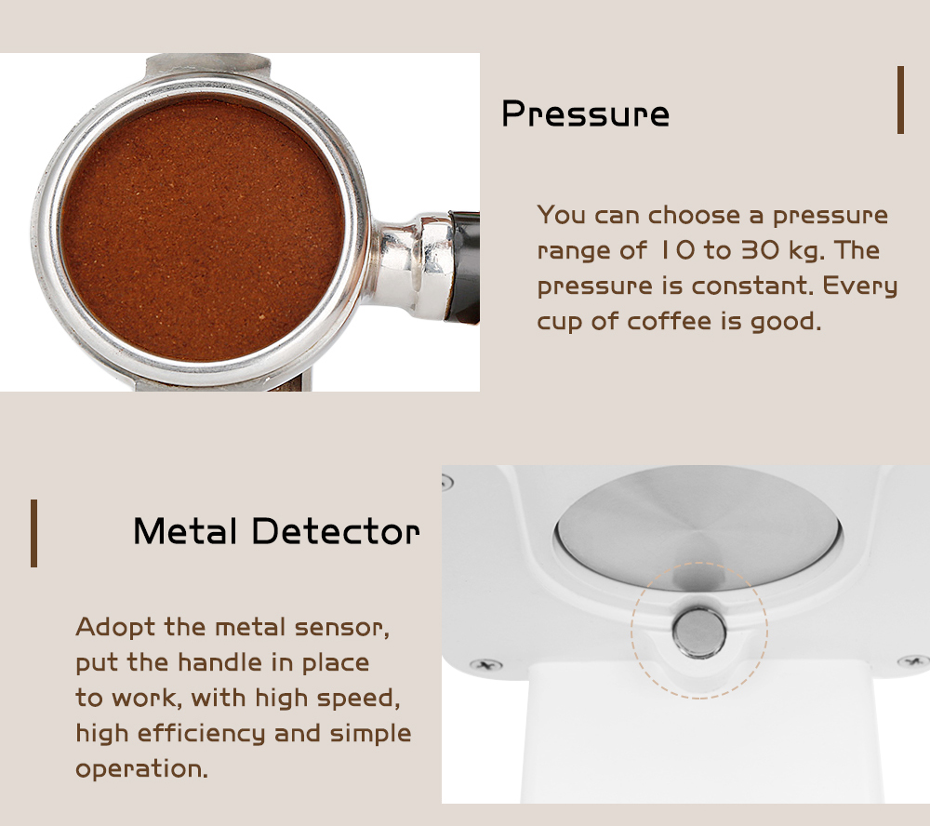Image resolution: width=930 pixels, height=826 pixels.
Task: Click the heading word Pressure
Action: click(x=585, y=113)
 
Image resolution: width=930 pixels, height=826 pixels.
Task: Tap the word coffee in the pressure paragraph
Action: click(x=669, y=321)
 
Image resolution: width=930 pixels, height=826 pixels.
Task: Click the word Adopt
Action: click(x=115, y=628)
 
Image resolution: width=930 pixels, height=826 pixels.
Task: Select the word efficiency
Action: click(x=201, y=733)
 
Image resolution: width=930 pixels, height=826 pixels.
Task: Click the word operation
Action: click(x=141, y=769)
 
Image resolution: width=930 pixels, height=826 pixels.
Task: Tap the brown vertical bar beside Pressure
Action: click(x=900, y=100)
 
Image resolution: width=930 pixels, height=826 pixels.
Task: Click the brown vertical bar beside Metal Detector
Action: click(x=33, y=533)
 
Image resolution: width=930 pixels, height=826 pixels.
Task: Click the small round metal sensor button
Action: click(x=699, y=633)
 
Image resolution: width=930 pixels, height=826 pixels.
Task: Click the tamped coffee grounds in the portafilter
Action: click(x=202, y=229)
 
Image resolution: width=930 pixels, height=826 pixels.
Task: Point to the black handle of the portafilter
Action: click(x=464, y=266)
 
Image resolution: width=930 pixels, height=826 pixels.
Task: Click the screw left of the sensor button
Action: click(x=486, y=664)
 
